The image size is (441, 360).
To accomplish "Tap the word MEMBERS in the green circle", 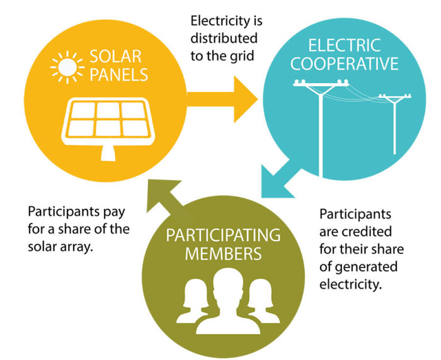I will [x=222, y=255].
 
